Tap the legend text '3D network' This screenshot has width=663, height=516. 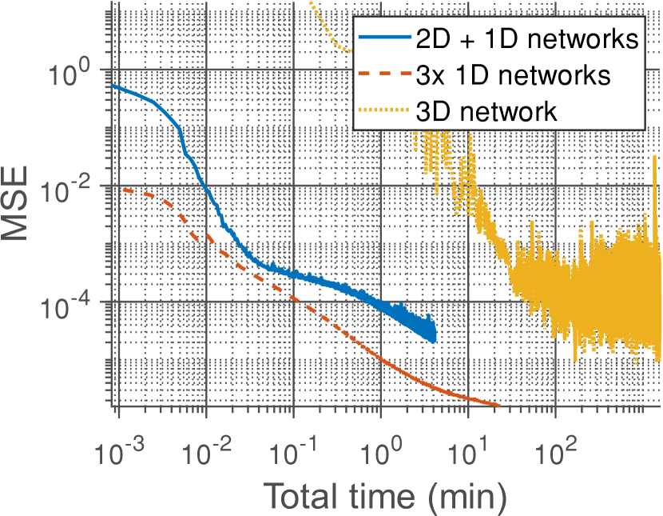(487, 110)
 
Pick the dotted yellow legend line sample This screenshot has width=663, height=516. (386, 110)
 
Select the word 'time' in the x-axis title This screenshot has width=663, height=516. (355, 496)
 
